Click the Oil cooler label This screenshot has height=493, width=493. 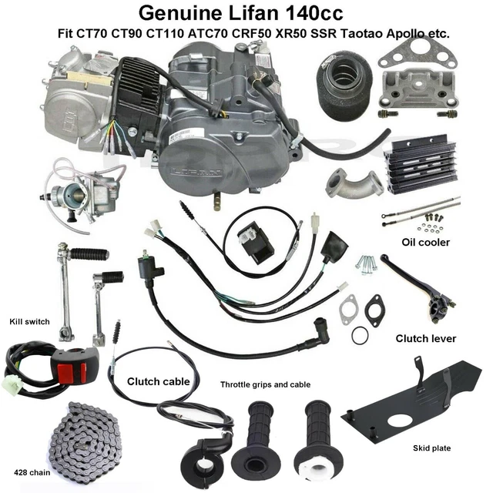426,242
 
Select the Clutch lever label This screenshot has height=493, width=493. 425,338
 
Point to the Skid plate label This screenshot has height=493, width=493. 431,448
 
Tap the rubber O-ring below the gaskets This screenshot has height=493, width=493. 360,335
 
